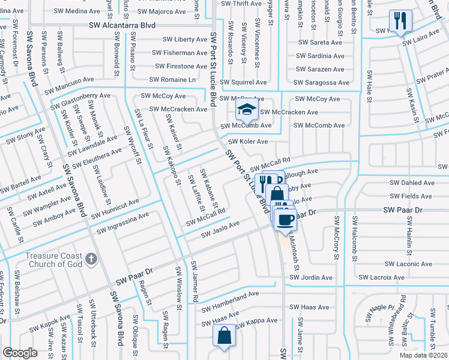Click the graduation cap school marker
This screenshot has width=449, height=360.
click(x=246, y=110)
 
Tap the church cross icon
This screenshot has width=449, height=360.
click(x=91, y=259)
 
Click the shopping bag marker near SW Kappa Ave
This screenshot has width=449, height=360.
click(x=223, y=336)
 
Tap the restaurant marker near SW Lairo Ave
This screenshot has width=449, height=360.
click(x=400, y=21)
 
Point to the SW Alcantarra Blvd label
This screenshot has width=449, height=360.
click(x=122, y=25)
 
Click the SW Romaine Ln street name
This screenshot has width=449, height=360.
click(x=172, y=79)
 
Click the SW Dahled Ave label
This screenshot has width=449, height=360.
click(x=412, y=182)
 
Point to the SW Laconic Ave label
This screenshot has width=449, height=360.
click(x=408, y=263)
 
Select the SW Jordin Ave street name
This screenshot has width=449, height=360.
click(x=310, y=278)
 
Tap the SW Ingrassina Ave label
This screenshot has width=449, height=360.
click(x=122, y=222)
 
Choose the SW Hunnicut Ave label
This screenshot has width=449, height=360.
click(x=114, y=205)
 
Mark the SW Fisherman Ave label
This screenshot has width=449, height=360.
click(x=177, y=53)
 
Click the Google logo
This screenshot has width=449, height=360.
click(x=20, y=353)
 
